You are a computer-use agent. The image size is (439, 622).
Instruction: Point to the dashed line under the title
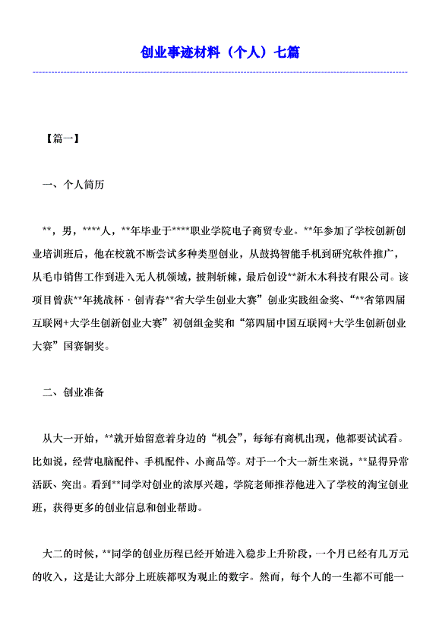pyautogui.click(x=219, y=72)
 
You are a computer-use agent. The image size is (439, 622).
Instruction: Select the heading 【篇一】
pyautogui.click(x=63, y=139)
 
